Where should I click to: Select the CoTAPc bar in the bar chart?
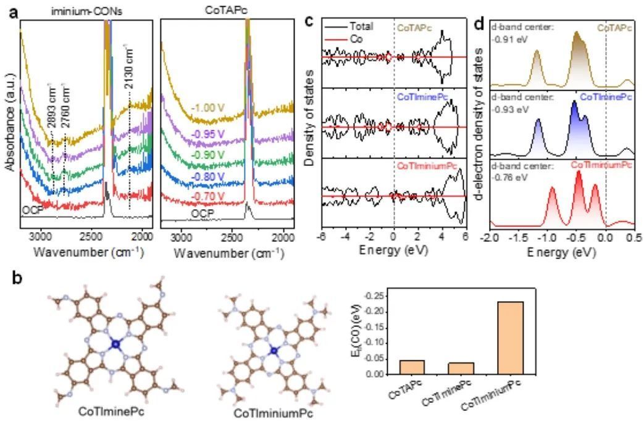click(x=412, y=367)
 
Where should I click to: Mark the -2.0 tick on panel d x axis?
click(x=488, y=238)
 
